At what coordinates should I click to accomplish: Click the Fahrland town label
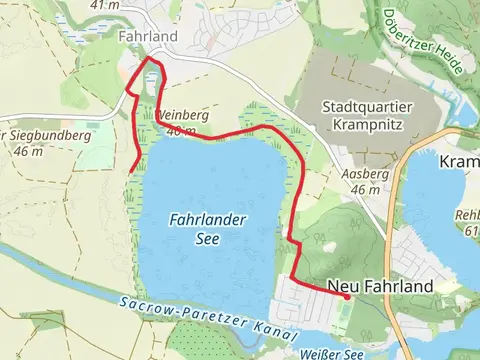pyautogui.click(x=147, y=37)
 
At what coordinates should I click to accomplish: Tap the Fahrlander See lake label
pyautogui.click(x=208, y=227)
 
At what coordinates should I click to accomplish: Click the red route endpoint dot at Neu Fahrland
pyautogui.click(x=346, y=296)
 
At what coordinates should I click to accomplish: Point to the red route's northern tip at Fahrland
pyautogui.click(x=150, y=60)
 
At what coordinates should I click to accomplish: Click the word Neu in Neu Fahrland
pyautogui.click(x=343, y=287)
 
